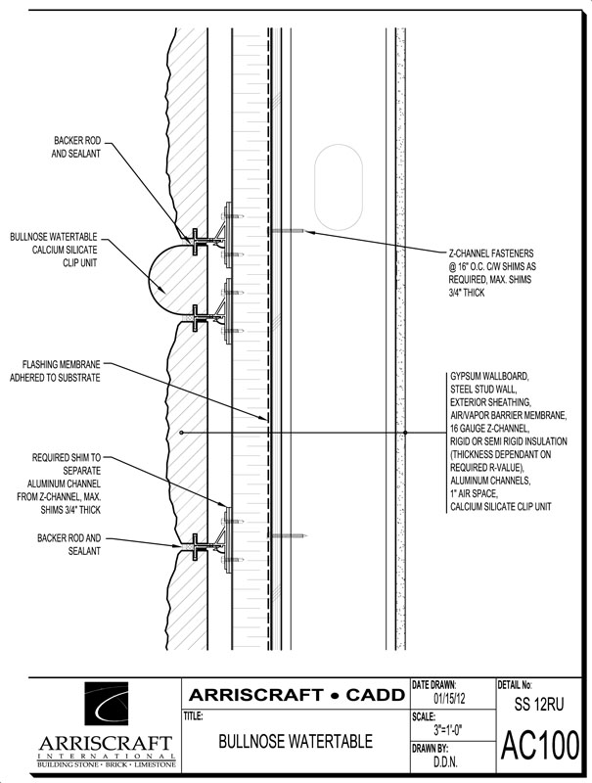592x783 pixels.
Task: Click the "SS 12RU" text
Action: tap(539, 704)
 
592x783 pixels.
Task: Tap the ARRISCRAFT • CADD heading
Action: tap(295, 695)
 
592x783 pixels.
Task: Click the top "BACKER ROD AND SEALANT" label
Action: tap(78, 148)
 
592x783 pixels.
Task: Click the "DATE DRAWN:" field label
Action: tap(436, 684)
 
